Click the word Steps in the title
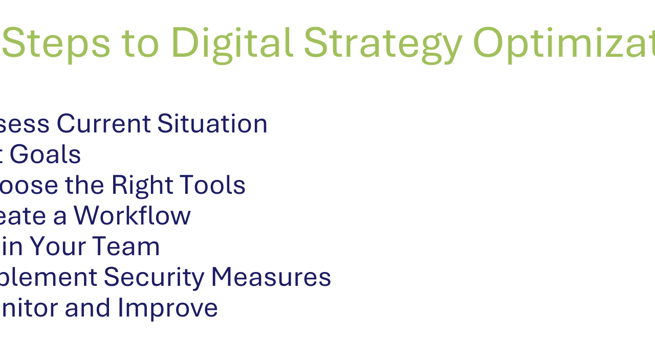[56, 43]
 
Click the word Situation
[212, 124]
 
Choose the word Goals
[45, 154]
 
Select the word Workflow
[132, 216]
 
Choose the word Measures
[271, 277]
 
